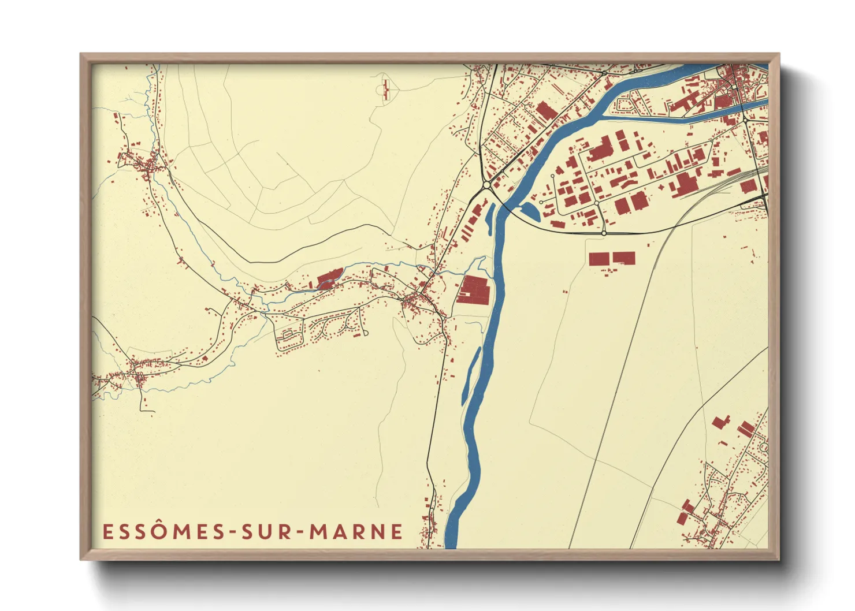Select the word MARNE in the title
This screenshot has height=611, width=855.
356,531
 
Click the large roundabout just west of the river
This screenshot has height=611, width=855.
486,185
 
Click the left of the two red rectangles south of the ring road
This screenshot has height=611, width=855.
599,259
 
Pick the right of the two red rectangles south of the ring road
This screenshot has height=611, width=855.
624,258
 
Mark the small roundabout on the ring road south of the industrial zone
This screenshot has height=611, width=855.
604,233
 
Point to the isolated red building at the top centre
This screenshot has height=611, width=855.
386,90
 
